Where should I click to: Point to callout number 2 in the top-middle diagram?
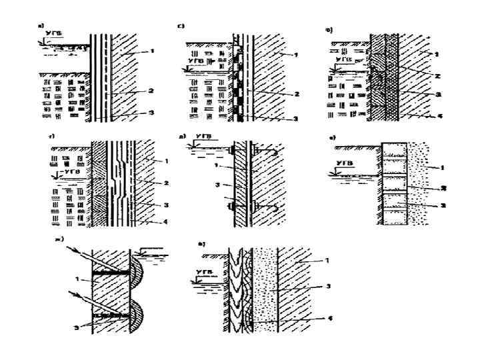pos(294,94)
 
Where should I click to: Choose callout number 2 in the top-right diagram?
pos(439,76)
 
